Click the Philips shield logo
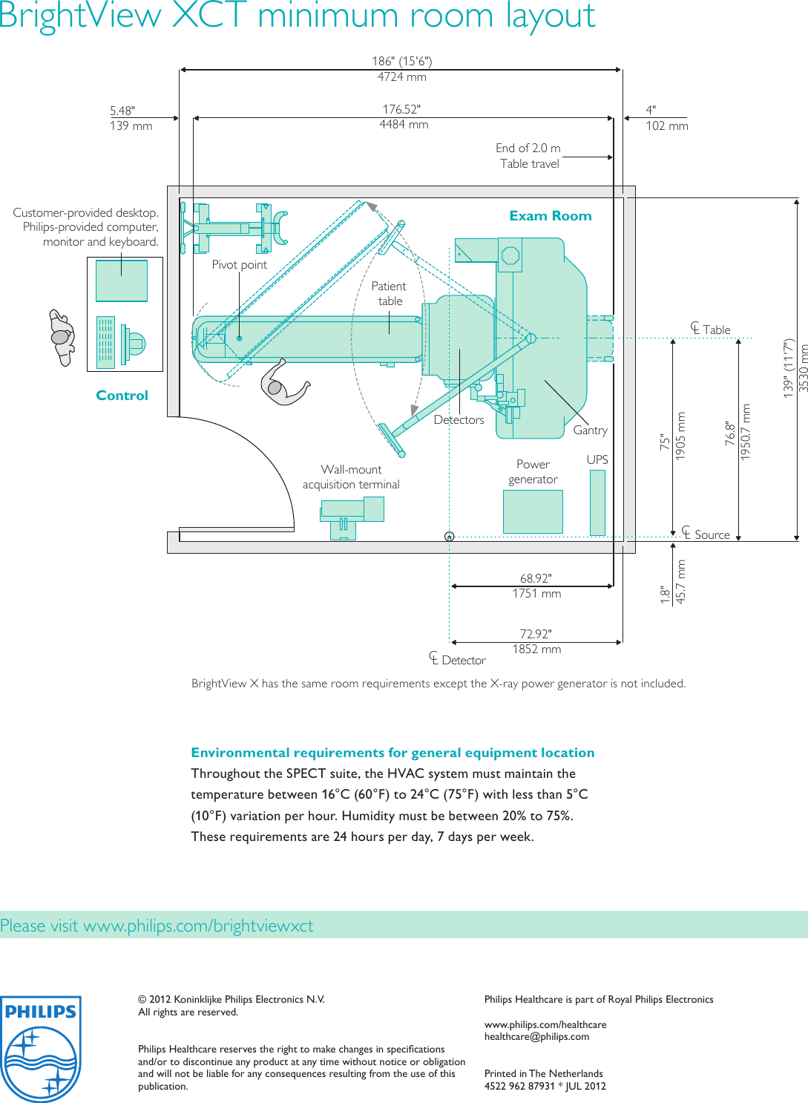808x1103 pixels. [x=41, y=1048]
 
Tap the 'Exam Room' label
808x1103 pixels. [x=550, y=216]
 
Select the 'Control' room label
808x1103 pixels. [x=122, y=396]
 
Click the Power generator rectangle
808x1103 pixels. [x=533, y=511]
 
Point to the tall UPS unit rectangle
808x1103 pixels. [x=597, y=503]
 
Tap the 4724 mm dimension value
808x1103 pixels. [x=401, y=77]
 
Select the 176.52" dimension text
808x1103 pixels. [x=401, y=109]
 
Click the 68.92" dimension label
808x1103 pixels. [x=536, y=578]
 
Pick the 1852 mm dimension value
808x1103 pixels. [x=536, y=649]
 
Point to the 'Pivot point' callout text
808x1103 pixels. [x=239, y=265]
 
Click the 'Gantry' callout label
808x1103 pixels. [x=590, y=431]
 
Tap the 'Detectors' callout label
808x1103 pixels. [x=459, y=420]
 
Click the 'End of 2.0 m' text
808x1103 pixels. [x=528, y=148]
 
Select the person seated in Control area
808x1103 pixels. [x=62, y=338]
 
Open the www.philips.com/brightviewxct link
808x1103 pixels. [x=198, y=926]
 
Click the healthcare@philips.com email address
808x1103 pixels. [x=536, y=1037]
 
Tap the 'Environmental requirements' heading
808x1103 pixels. [x=392, y=753]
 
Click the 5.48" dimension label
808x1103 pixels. [x=122, y=111]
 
